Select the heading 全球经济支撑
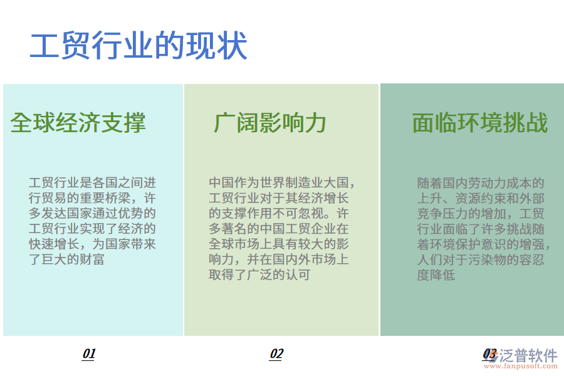tap(78, 123)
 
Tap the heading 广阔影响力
tap(270, 123)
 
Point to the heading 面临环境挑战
tap(480, 123)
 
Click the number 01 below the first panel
tap(89, 354)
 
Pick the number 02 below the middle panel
tap(276, 354)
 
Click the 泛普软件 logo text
tap(528, 355)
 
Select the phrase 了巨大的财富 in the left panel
tap(67, 259)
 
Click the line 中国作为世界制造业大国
tap(282, 183)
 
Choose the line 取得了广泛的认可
tap(259, 274)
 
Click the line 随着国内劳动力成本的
tap(481, 183)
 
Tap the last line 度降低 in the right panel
tap(436, 274)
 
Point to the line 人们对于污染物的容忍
tap(481, 259)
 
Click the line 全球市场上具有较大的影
tap(278, 244)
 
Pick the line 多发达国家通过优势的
tap(92, 213)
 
